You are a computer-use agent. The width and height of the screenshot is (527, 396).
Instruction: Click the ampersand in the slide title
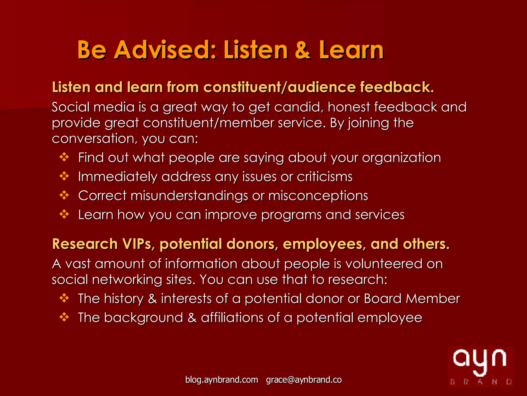pyautogui.click(x=303, y=50)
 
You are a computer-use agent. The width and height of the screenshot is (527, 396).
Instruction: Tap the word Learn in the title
pyautogui.click(x=351, y=50)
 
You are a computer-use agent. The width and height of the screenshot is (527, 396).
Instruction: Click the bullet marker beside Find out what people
pyautogui.click(x=64, y=157)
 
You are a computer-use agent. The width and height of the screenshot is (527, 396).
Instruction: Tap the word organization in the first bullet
pyautogui.click(x=401, y=158)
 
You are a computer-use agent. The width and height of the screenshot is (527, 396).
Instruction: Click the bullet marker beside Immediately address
pyautogui.click(x=64, y=176)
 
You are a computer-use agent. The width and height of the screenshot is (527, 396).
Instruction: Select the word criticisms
pyautogui.click(x=324, y=177)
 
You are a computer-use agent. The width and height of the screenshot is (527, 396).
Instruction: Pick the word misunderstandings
pyautogui.click(x=189, y=196)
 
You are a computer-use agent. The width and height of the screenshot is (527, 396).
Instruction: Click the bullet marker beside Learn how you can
pyautogui.click(x=64, y=214)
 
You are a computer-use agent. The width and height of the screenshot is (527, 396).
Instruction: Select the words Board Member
pyautogui.click(x=412, y=299)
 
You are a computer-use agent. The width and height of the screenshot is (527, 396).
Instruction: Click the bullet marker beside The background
pyautogui.click(x=64, y=317)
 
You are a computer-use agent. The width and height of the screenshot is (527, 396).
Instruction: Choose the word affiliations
pyautogui.click(x=232, y=318)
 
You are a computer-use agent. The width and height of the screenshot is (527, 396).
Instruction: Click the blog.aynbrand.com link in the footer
pyautogui.click(x=222, y=380)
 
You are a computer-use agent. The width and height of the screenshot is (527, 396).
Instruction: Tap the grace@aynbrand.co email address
pyautogui.click(x=304, y=380)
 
